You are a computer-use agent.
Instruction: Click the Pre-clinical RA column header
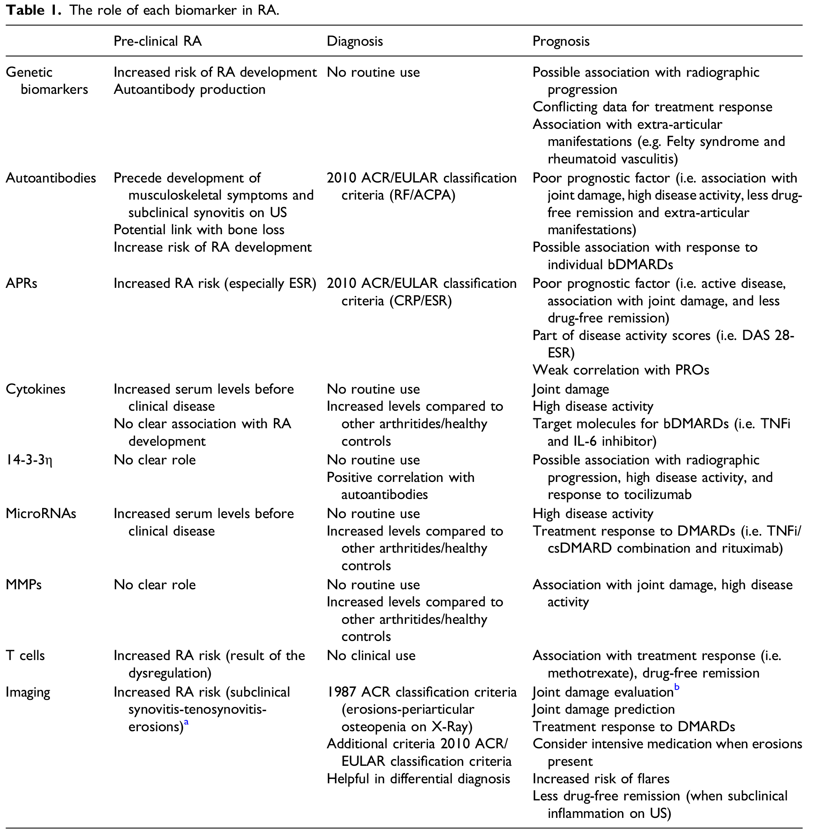(157, 41)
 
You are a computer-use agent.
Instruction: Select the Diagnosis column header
(355, 41)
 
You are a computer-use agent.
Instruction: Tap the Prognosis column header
(560, 41)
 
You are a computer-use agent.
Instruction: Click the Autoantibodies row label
(50, 178)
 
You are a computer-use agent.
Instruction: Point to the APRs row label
(21, 283)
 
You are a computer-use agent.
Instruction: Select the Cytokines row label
(35, 389)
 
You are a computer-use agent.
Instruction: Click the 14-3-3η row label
(29, 460)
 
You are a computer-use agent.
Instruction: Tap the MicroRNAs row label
(41, 514)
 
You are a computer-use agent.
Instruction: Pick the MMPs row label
(23, 585)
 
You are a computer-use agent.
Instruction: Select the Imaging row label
(27, 692)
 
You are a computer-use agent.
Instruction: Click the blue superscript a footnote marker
(186, 722)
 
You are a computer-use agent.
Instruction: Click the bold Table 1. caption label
(34, 10)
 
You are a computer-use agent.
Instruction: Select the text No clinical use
(371, 656)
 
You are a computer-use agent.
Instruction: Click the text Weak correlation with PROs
(620, 370)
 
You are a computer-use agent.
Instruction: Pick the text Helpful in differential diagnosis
(418, 779)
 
